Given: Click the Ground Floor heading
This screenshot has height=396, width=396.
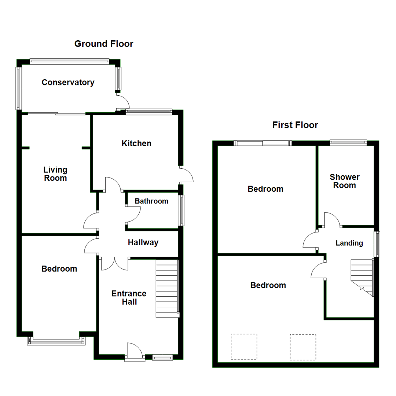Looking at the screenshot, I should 104,44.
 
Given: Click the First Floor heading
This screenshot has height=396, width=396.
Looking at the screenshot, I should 295,125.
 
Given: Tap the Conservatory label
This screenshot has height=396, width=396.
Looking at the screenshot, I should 68,82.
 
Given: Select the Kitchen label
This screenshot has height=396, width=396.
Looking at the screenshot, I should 136,143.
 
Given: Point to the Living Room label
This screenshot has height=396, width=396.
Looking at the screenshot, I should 55,174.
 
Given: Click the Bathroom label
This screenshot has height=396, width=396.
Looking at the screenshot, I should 151,201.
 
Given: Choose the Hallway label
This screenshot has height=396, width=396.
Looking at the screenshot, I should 143,242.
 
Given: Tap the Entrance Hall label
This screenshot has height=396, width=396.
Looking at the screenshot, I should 129,297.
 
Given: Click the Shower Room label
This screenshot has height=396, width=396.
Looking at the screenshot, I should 344,181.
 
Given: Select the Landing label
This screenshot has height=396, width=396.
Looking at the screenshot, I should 349,243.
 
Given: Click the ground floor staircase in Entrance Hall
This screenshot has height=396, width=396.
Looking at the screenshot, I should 167,289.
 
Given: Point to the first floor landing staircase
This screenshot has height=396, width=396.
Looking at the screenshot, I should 362,277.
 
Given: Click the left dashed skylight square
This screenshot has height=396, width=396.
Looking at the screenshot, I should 244,346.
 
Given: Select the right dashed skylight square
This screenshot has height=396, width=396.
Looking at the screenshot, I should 303,346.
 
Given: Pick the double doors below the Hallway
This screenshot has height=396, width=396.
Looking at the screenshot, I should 115,263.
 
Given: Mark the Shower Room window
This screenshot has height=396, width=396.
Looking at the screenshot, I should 348,142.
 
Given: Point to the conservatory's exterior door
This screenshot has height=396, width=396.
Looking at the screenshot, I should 123,101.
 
